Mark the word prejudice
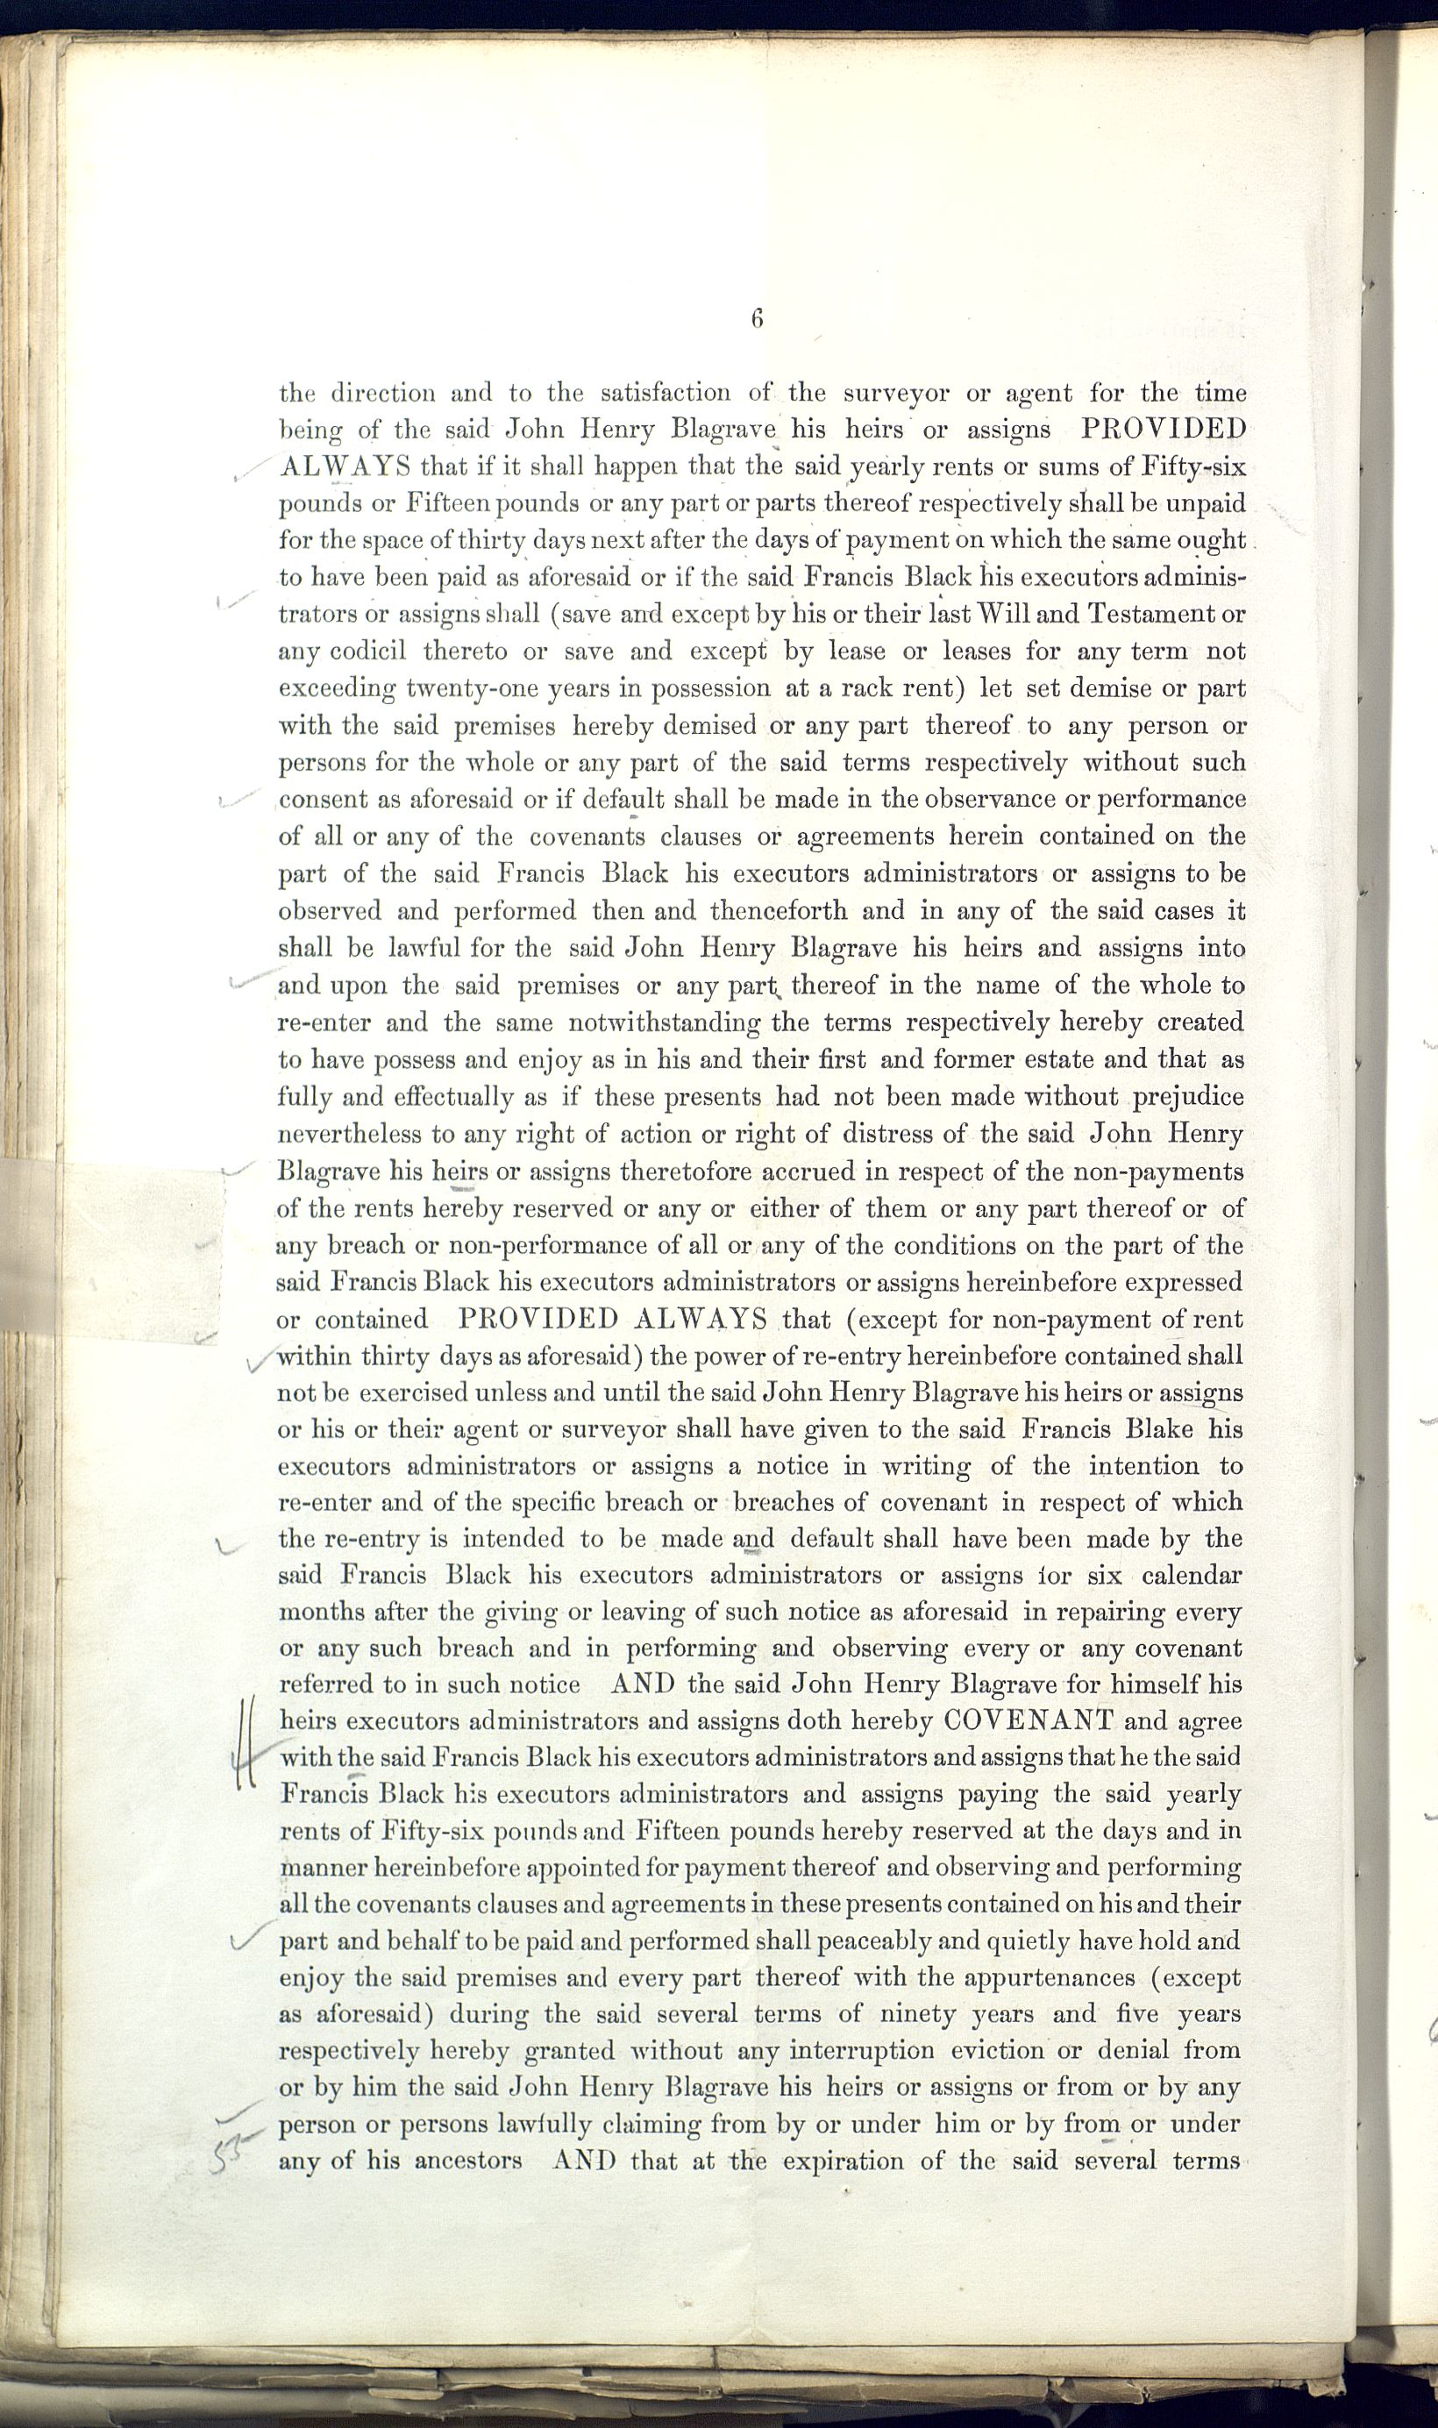point(1188,1098)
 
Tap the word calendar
point(1191,1576)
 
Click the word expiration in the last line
point(839,2161)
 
